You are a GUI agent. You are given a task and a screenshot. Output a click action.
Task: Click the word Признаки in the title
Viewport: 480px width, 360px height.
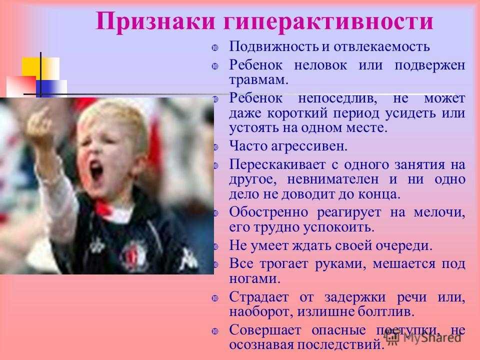(155, 21)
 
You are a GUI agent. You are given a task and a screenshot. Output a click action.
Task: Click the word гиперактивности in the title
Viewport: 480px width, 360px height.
(328, 22)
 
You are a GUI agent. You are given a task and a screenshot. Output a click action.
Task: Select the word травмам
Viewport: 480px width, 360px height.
(258, 80)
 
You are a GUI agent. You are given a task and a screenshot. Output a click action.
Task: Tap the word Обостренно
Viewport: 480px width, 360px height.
(268, 212)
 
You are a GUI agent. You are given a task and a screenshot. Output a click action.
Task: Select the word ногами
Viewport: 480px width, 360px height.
(254, 279)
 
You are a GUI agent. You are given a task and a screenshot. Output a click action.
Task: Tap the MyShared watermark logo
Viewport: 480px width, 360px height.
(423, 337)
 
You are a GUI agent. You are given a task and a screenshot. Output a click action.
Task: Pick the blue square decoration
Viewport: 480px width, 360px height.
(44, 88)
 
